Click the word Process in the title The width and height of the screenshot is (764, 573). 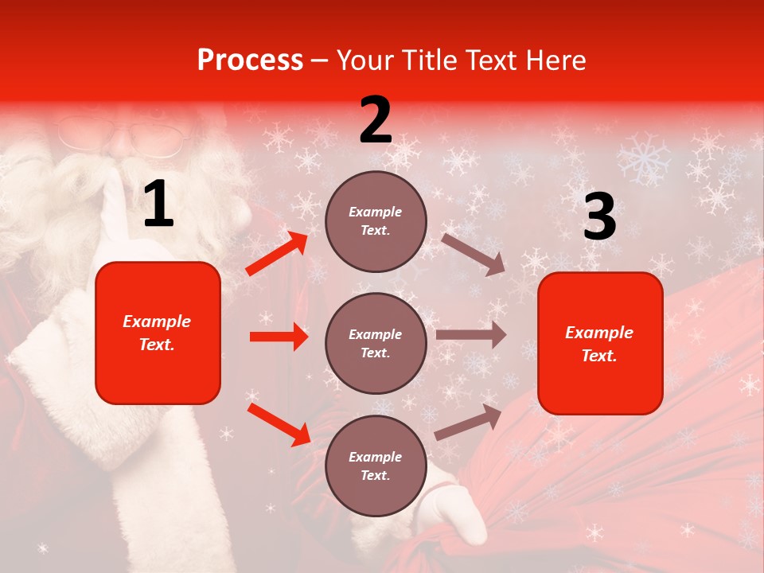click(x=250, y=60)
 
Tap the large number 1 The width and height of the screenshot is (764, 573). click(x=158, y=205)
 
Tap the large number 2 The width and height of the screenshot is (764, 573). click(x=376, y=120)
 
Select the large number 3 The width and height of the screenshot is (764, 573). click(x=599, y=216)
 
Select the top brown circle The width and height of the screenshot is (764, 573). click(x=376, y=221)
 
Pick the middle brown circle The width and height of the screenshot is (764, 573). click(x=376, y=343)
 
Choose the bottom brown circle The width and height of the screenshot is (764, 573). click(x=376, y=466)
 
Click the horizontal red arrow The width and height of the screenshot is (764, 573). click(x=279, y=337)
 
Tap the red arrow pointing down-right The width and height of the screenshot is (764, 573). click(x=279, y=424)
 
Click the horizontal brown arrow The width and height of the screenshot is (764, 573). click(x=471, y=335)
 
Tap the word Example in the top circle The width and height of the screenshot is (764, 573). click(x=376, y=212)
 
